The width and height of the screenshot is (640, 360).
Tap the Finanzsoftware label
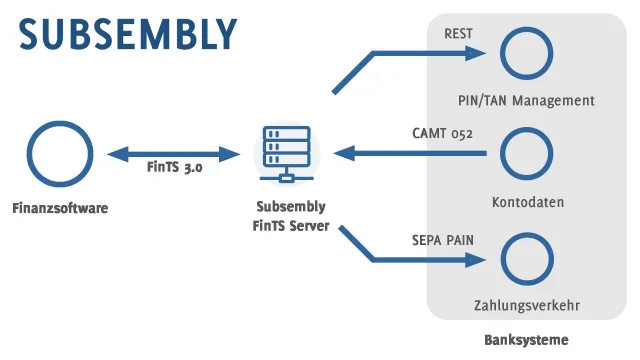pos(59,208)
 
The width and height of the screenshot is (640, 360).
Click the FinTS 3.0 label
pos(175,169)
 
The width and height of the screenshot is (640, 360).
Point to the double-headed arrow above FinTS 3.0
pos(174,154)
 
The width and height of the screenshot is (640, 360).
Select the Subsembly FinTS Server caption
pos(289,215)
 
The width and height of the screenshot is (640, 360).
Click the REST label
pos(458,34)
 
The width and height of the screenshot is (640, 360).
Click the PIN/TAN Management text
pos(526,100)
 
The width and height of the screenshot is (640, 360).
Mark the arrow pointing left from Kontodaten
pos(410,153)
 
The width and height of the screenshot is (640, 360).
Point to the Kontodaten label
pos(527,202)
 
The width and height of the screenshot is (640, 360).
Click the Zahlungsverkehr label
pos(527,305)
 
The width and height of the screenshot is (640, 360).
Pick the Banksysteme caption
pos(526,340)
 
